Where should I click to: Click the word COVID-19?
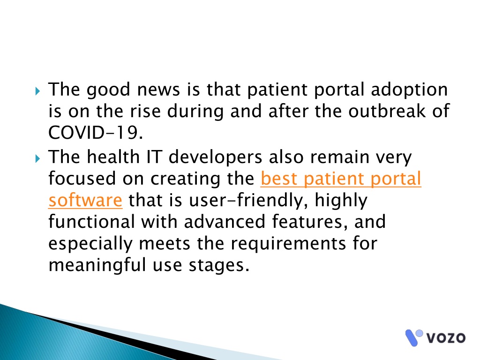96,133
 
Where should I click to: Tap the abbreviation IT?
154,157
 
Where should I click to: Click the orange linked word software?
85,200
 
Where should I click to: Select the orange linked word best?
279,179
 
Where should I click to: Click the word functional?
91,222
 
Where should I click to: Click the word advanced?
225,222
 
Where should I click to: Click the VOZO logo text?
446,338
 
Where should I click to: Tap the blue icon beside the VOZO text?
413,337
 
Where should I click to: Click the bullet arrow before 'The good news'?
37,91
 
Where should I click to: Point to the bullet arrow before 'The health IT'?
37,158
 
